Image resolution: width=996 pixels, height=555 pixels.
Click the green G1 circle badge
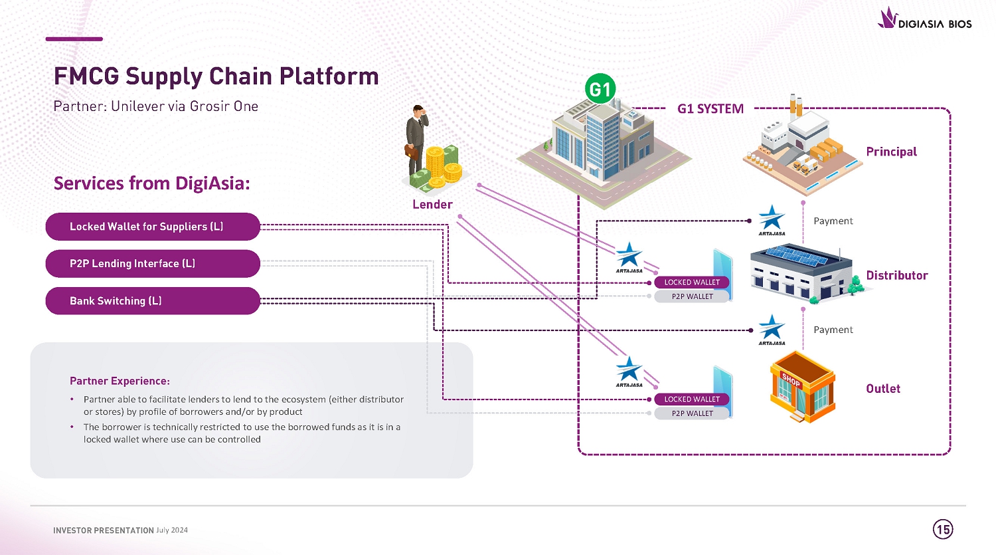[600, 89]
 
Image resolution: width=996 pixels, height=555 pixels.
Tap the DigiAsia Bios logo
[924, 19]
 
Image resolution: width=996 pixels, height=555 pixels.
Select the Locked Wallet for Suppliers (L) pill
[152, 227]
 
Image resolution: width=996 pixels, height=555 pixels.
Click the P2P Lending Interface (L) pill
[152, 264]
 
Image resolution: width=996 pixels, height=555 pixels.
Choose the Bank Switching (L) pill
[152, 301]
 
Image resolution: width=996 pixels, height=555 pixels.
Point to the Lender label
[432, 205]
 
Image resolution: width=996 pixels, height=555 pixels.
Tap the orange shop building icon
[802, 387]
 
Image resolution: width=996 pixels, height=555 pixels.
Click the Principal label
[891, 152]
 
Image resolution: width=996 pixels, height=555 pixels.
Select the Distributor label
[896, 276]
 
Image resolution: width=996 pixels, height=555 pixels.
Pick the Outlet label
[883, 389]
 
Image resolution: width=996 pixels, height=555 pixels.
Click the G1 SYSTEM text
[710, 109]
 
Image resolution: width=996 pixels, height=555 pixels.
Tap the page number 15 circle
[943, 529]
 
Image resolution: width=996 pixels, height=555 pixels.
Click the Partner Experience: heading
[120, 381]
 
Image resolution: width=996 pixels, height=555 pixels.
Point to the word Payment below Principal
[833, 221]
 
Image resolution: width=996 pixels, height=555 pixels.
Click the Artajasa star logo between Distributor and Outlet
[772, 329]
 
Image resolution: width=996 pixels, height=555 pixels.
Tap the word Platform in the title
[329, 76]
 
